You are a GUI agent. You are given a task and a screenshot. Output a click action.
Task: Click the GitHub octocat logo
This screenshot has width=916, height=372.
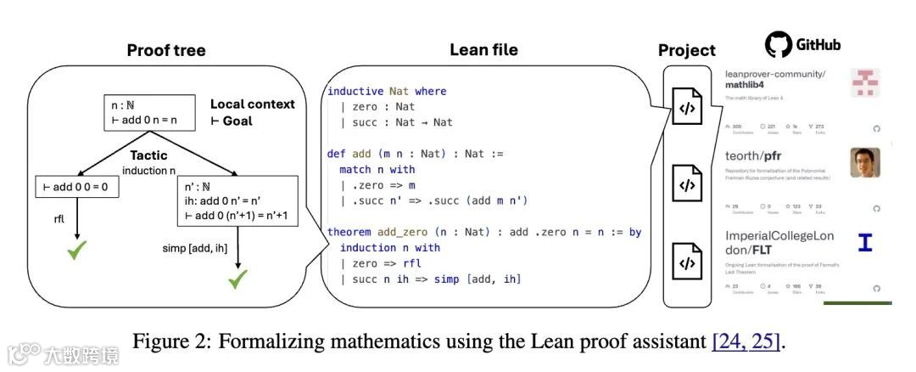[x=778, y=44]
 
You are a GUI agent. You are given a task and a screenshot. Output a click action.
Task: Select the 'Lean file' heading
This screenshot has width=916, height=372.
[x=483, y=49]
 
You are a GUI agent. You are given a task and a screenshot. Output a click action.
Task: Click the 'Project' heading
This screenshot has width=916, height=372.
[x=687, y=50]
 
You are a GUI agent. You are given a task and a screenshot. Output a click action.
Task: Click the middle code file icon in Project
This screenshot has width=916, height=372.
[x=687, y=183]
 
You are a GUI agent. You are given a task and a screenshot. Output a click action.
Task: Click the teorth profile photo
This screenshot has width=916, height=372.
[x=865, y=162]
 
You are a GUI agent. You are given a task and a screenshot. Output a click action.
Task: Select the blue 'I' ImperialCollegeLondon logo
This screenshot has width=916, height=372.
[x=865, y=243]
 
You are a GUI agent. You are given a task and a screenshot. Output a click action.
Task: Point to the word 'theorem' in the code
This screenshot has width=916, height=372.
[x=349, y=232]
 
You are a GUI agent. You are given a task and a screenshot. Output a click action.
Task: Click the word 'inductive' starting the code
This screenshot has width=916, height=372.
[x=355, y=91]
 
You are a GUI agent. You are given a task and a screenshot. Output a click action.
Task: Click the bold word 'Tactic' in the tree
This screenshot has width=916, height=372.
[x=149, y=156]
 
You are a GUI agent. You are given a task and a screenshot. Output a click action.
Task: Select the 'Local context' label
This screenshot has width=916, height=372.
[x=252, y=104]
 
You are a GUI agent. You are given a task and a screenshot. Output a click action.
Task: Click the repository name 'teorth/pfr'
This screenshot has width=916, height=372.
[x=759, y=156]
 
